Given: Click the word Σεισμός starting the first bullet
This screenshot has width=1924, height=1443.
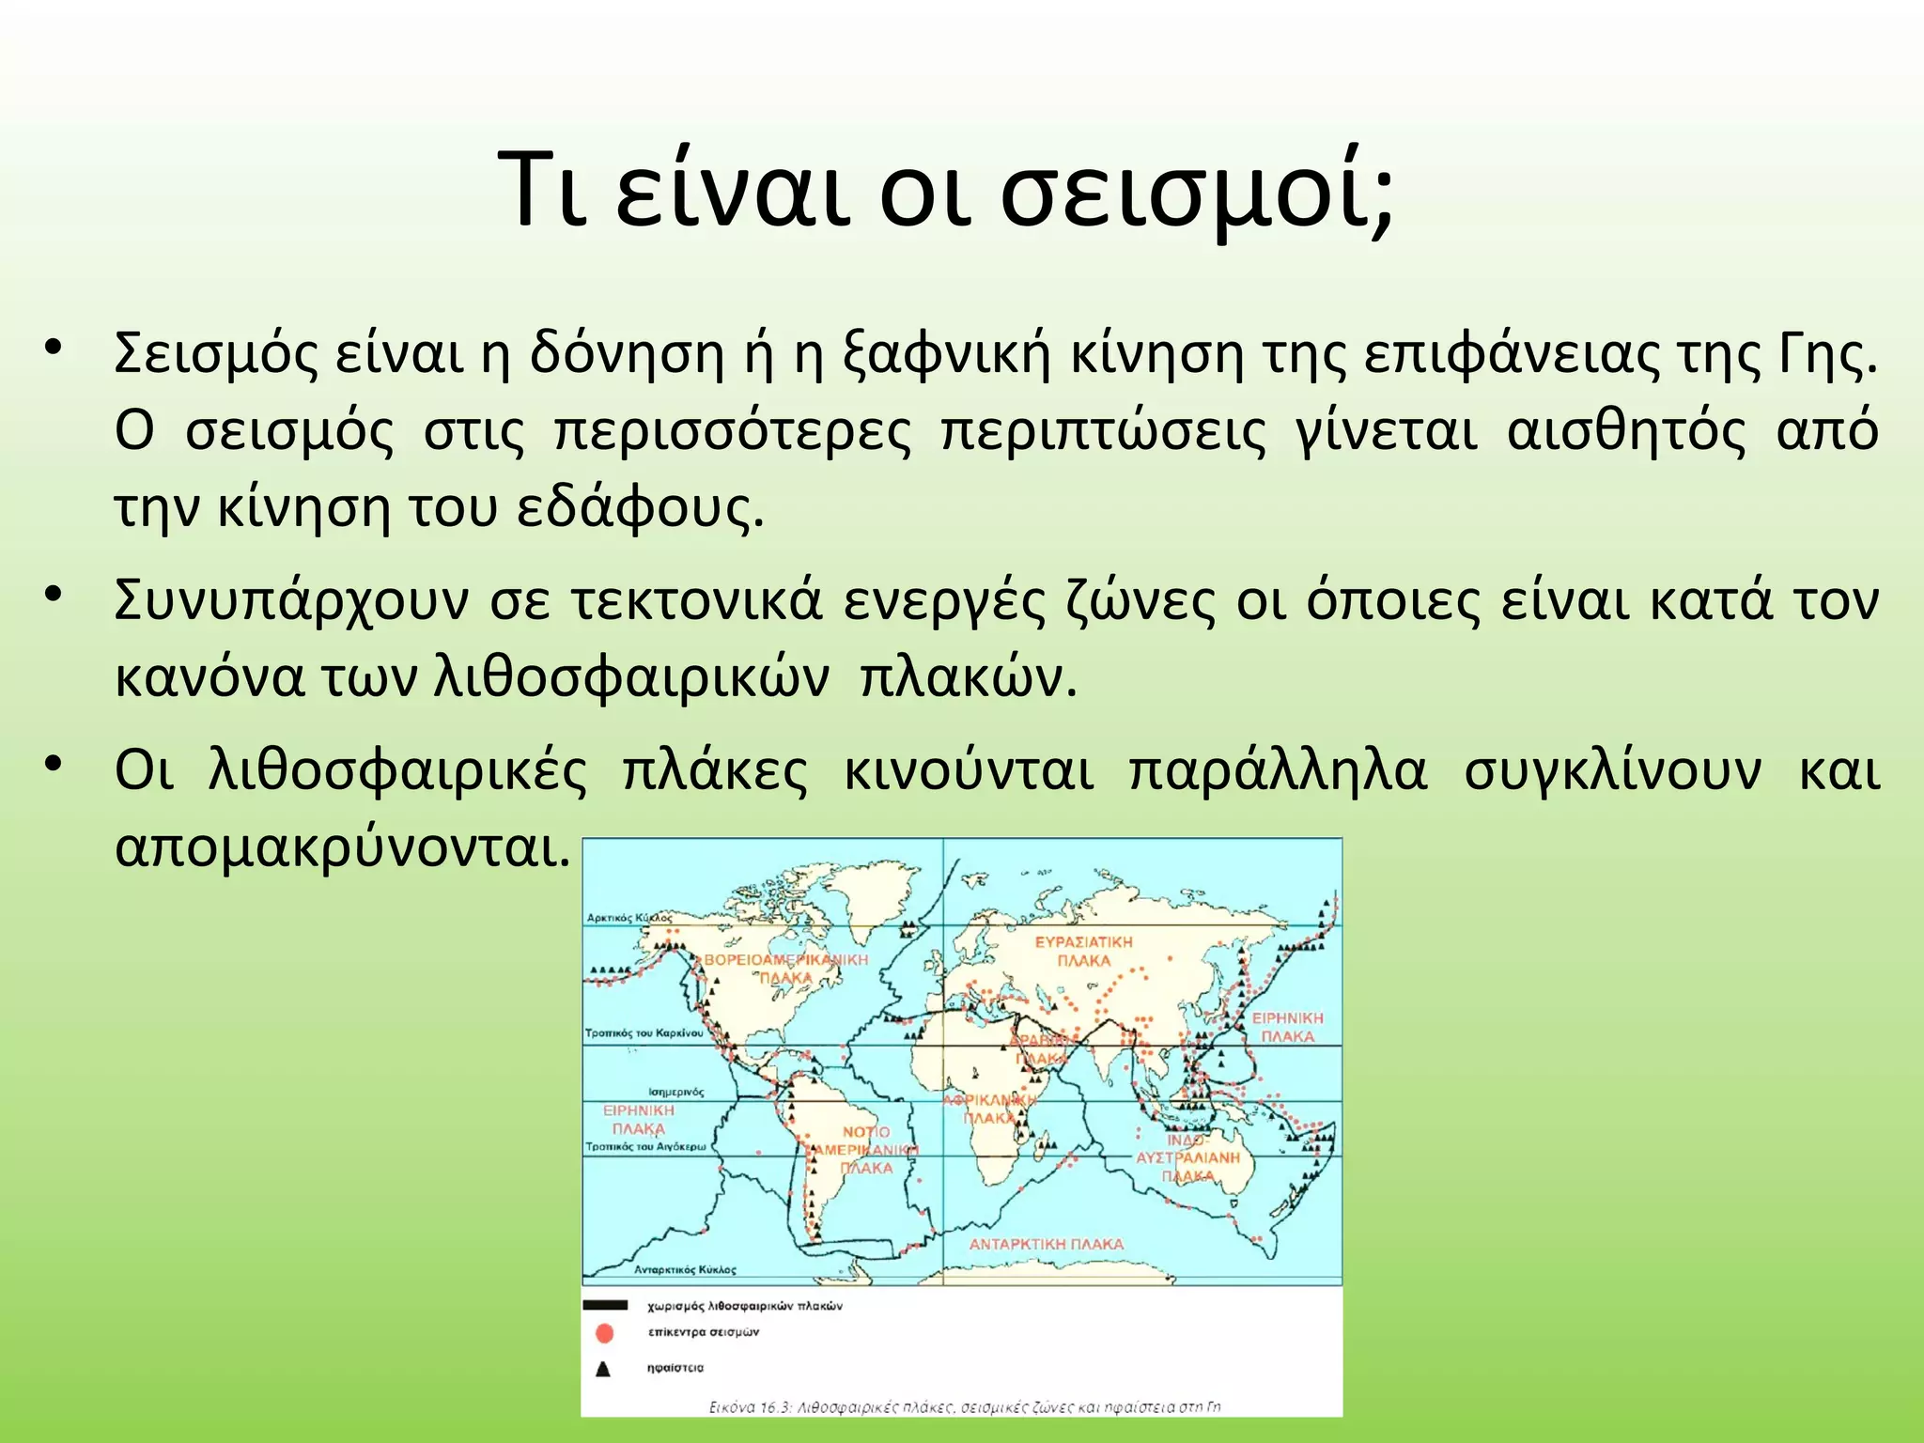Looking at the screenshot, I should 216,356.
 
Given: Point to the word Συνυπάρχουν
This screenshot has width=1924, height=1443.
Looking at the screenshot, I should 291,602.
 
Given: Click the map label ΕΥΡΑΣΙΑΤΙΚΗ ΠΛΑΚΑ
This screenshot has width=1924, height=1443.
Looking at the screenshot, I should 1084,951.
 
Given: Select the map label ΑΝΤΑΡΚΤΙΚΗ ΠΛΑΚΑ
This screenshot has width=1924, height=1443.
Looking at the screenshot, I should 1047,1244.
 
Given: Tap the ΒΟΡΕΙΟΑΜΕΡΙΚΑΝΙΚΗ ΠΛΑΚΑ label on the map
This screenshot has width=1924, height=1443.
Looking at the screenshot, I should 786,968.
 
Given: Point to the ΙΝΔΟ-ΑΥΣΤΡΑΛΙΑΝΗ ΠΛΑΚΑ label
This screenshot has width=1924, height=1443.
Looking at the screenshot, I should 1187,1157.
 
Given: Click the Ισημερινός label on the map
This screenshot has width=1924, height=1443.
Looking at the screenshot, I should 675,1092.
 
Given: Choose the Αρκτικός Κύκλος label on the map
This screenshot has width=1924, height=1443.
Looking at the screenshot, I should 629,917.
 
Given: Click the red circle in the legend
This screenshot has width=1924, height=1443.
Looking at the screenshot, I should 605,1333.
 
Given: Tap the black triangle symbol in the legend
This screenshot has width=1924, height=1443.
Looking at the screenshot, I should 603,1369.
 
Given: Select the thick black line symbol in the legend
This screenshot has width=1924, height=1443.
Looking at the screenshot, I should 605,1305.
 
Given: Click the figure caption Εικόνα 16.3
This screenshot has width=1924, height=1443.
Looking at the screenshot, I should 964,1406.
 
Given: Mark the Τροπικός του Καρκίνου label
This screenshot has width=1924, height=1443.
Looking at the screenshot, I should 644,1033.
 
